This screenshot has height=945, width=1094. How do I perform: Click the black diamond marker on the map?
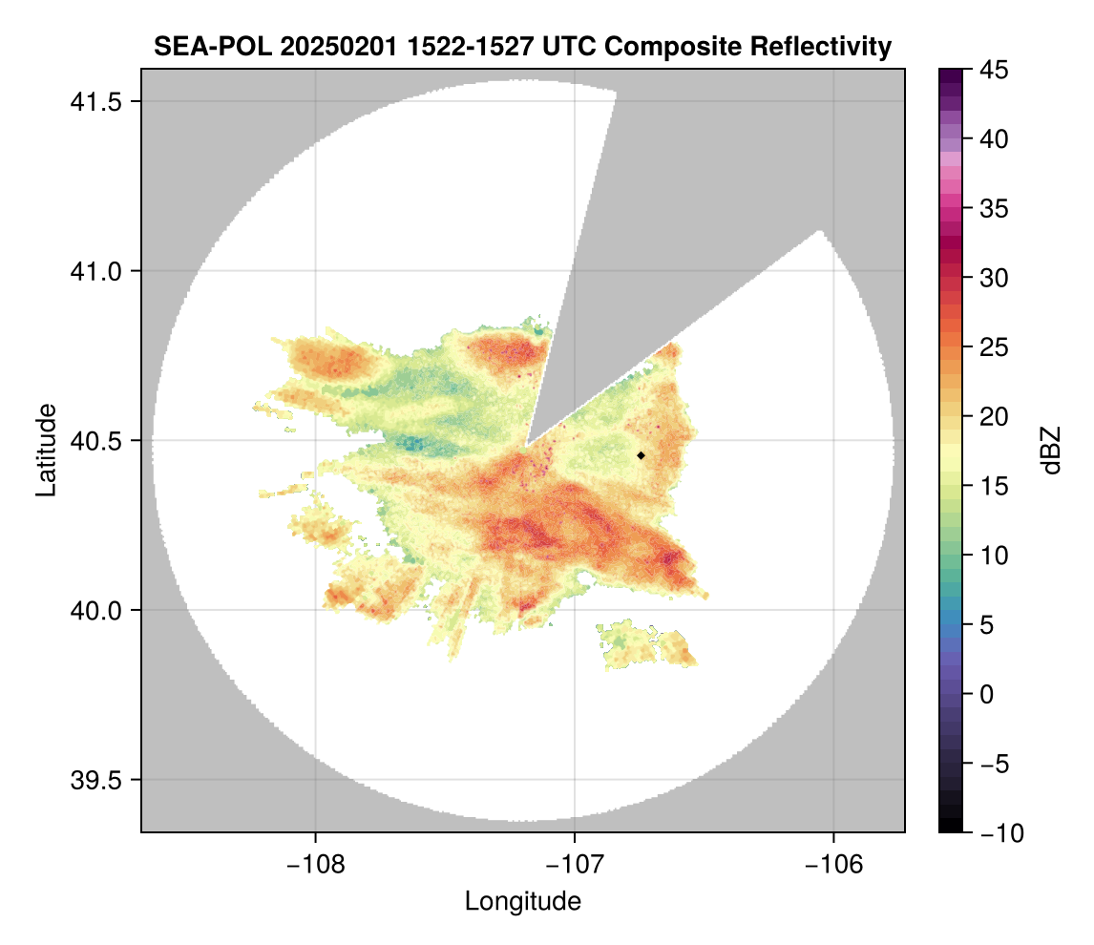pyautogui.click(x=642, y=455)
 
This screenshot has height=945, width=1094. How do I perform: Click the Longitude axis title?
pyautogui.click(x=523, y=901)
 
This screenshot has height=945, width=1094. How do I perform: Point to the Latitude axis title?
pyautogui.click(x=46, y=450)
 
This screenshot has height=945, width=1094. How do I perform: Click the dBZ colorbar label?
pyautogui.click(x=1051, y=451)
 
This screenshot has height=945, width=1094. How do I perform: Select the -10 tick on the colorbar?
pyautogui.click(x=997, y=833)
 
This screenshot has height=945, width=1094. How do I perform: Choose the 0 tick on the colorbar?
pyautogui.click(x=986, y=694)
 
